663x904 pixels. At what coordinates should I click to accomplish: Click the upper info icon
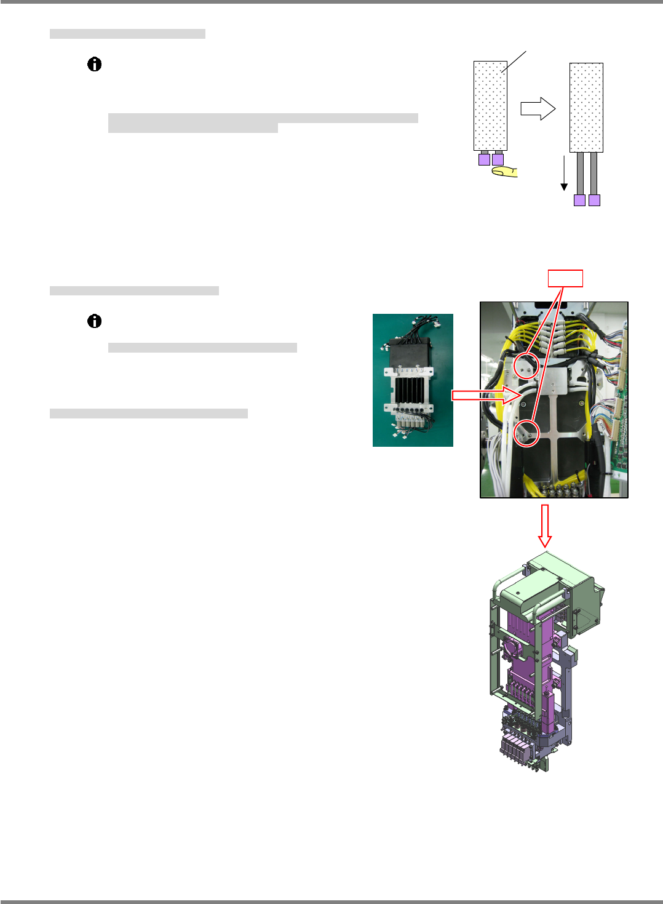click(x=94, y=65)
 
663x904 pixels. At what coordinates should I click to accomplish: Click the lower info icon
click(x=94, y=321)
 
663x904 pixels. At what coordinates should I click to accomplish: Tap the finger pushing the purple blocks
click(x=505, y=172)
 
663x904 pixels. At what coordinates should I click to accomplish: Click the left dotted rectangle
click(x=490, y=106)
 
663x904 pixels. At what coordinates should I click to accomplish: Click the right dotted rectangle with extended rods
click(x=586, y=108)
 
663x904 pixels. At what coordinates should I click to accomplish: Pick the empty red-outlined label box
click(x=565, y=279)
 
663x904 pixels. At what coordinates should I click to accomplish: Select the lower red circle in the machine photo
click(x=526, y=433)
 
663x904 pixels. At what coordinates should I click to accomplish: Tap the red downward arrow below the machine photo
click(x=544, y=526)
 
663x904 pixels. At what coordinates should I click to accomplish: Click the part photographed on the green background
click(x=413, y=380)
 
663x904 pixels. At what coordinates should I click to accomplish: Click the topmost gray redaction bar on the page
click(x=127, y=34)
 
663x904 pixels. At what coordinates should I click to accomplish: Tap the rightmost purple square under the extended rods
click(x=594, y=200)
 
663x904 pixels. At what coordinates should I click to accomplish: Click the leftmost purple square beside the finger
click(x=484, y=159)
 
